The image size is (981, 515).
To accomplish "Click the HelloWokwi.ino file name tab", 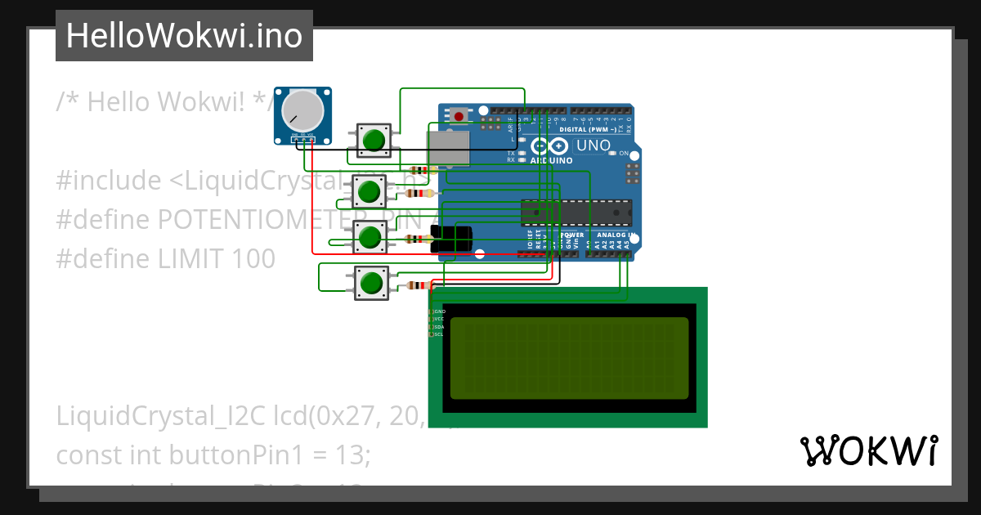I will point(184,36).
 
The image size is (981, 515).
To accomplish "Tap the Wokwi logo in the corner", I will point(868,451).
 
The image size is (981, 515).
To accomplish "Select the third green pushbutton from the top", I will point(370,238).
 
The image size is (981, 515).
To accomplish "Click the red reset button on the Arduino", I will point(459,116).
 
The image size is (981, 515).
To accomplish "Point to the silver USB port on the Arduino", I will point(449,149).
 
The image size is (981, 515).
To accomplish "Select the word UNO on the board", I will point(594,146).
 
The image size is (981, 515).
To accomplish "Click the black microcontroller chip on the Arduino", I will point(576,212).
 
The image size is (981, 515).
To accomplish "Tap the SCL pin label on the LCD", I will point(437,334).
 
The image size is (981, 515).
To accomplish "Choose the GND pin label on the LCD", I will point(438,311).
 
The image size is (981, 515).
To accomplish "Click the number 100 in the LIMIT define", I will point(253,258).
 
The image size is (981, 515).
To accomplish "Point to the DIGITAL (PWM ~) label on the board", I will point(594,130).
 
